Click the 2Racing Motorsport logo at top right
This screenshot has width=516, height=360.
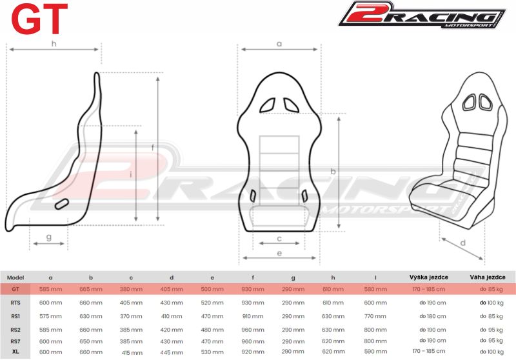(x=422, y=15)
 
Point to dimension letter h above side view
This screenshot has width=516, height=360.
(x=54, y=43)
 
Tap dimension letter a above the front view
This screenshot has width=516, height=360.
(x=279, y=44)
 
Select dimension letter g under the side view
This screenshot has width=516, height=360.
(x=49, y=237)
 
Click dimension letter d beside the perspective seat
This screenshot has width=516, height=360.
(x=463, y=243)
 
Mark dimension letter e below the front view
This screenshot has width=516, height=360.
(x=279, y=254)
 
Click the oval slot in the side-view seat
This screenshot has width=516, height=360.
(x=62, y=204)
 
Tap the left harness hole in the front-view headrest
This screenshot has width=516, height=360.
(x=268, y=105)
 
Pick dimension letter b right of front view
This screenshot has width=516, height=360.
(x=333, y=172)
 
